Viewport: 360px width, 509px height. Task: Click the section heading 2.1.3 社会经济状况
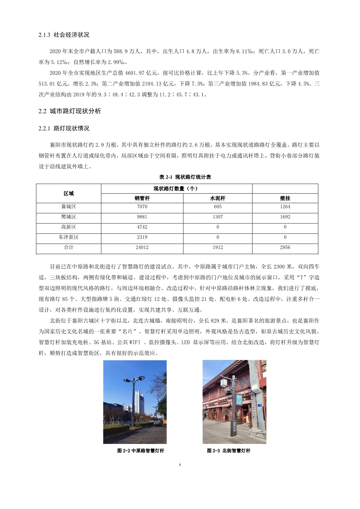64,35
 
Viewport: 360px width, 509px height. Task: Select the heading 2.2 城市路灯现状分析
70,111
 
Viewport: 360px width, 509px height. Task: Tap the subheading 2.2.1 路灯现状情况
64,129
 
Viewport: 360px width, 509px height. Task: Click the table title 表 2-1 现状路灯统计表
185,177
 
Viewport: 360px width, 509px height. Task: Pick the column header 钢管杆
142,198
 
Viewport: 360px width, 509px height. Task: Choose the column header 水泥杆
218,198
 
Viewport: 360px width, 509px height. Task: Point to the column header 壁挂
285,198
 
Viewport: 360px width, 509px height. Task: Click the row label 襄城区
69,207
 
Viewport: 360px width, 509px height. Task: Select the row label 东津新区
69,237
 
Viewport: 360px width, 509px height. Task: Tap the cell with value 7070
142,207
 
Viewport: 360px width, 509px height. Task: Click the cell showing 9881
142,217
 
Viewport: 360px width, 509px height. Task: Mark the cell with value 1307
218,217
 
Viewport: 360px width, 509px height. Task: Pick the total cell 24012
142,247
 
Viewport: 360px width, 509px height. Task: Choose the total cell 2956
285,247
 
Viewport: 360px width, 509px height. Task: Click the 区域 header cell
69,194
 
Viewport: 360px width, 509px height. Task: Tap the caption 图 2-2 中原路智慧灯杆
141,451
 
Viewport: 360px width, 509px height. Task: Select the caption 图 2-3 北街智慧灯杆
229,451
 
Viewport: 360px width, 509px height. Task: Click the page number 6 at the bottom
180,465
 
